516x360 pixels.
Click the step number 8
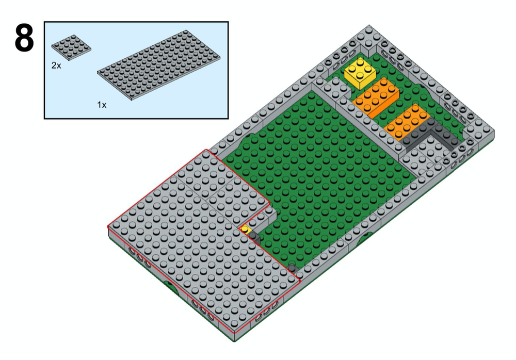(x=24, y=38)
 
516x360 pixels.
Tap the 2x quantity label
(x=56, y=66)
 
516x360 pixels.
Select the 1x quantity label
(x=102, y=105)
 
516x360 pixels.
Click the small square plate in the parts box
(x=71, y=46)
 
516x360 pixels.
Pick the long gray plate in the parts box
(x=159, y=69)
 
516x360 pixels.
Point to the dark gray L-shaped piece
(x=431, y=136)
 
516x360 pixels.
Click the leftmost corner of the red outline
(x=108, y=226)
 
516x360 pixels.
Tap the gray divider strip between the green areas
(x=361, y=124)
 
